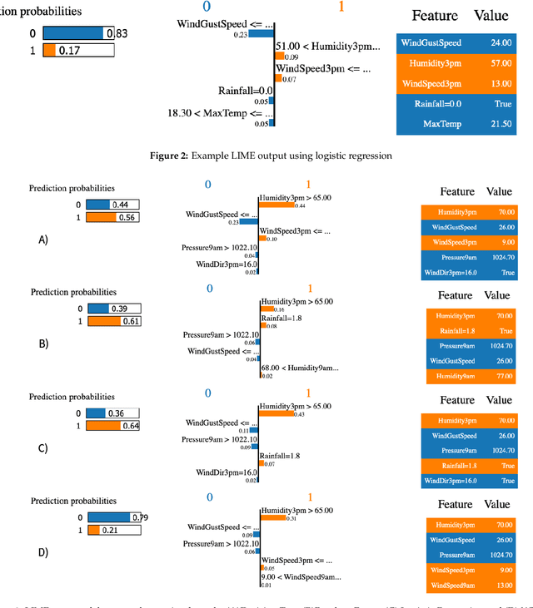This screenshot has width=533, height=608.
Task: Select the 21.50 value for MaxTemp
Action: click(x=501, y=123)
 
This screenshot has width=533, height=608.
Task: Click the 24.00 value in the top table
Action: click(x=501, y=42)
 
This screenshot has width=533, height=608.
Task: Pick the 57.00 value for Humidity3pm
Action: click(x=501, y=62)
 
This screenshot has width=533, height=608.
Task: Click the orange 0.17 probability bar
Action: click(x=50, y=50)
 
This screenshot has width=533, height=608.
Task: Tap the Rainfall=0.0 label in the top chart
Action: click(x=245, y=91)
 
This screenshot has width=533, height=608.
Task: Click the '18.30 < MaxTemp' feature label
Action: click(x=220, y=112)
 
